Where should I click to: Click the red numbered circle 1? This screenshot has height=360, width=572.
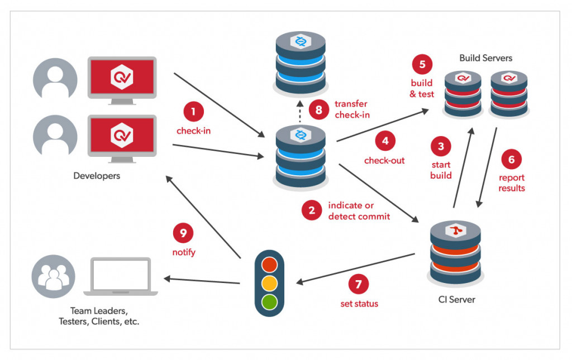pos(193,112)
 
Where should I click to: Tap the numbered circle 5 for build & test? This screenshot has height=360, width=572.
pos(422,64)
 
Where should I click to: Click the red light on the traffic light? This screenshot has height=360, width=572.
pos(269,263)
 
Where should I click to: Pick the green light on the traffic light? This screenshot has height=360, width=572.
pos(269,302)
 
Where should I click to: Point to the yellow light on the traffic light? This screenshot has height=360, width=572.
pos(269,282)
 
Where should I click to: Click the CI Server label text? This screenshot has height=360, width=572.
pos(456,300)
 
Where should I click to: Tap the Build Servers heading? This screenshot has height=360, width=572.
pos(485,58)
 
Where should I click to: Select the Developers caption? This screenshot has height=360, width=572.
pos(97,176)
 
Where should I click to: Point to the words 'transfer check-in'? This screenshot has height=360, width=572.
pos(352,109)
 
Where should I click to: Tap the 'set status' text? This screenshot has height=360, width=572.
pos(359,304)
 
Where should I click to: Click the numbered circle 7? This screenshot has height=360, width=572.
pos(359,284)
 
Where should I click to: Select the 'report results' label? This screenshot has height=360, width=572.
pos(512,183)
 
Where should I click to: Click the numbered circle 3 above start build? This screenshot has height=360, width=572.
pos(441,147)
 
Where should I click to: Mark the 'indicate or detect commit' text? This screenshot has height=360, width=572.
pos(359,210)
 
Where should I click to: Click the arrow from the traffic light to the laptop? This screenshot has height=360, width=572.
pos(201,280)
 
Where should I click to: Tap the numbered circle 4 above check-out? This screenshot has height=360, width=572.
pos(385,141)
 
